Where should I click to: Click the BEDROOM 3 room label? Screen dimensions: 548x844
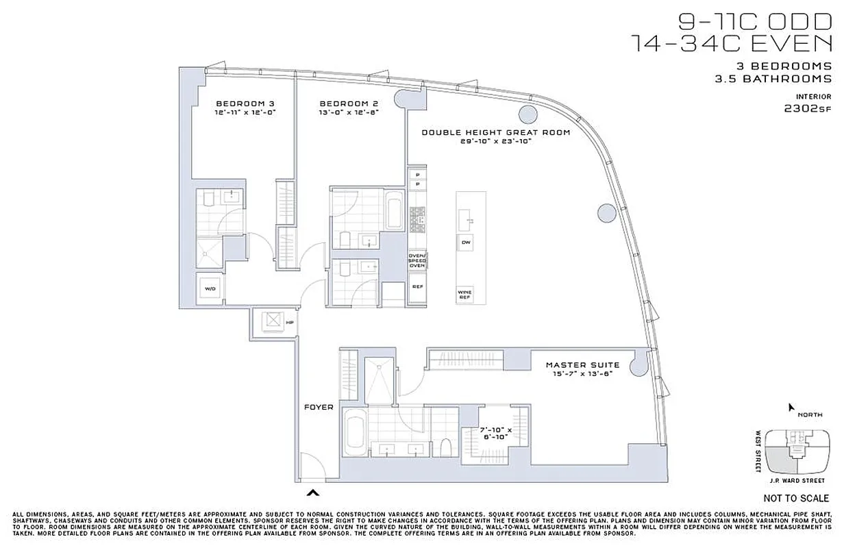245,103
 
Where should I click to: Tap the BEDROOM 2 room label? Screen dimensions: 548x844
349,103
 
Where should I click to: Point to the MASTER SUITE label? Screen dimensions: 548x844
582,365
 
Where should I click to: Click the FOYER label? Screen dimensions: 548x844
319,407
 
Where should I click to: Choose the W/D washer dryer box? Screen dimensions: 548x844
210,288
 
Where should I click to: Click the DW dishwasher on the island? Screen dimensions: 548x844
466,242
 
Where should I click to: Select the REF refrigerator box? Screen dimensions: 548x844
417,287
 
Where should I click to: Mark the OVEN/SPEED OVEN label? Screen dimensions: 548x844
417,261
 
